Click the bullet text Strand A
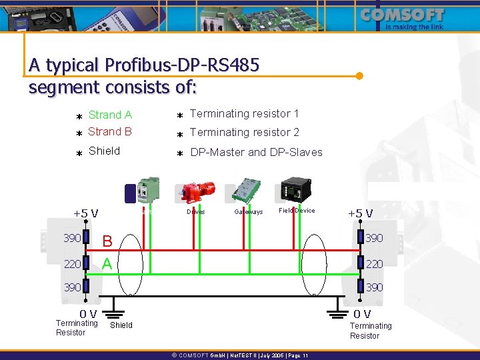tap(110, 115)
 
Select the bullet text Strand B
tap(110, 132)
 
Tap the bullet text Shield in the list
tap(104, 151)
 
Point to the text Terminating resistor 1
tap(244, 114)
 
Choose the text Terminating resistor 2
tap(244, 133)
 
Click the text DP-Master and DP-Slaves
tap(256, 152)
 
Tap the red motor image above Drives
tap(195, 191)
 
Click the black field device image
tap(295, 191)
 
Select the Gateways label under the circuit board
tap(249, 212)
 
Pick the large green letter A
tap(107, 264)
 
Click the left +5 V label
tap(85, 213)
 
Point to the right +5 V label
tap(360, 213)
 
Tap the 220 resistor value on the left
tap(72, 264)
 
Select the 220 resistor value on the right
tap(375, 264)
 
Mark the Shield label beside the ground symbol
tap(121, 325)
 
